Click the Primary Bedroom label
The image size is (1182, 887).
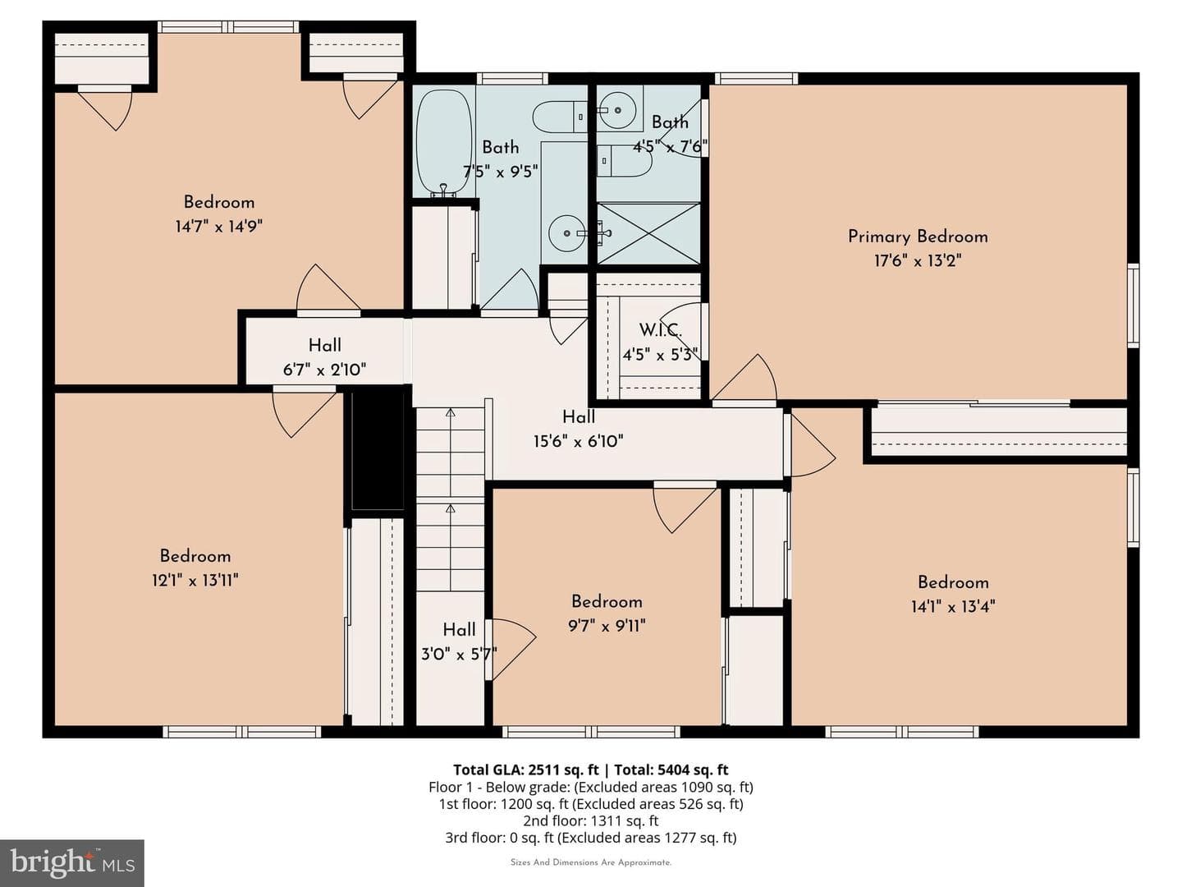(918, 237)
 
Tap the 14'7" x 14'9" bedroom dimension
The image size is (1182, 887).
(218, 226)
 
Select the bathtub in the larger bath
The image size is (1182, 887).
(445, 143)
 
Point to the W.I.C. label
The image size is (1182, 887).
(660, 330)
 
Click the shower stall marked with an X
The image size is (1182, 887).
(649, 234)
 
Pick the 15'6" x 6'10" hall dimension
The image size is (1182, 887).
(579, 442)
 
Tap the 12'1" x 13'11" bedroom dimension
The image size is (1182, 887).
(195, 580)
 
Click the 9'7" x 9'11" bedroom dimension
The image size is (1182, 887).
(607, 626)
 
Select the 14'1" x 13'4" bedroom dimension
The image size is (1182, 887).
(953, 607)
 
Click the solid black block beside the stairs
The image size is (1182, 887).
(378, 451)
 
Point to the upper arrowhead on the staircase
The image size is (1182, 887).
(451, 413)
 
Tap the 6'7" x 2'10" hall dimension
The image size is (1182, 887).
(325, 370)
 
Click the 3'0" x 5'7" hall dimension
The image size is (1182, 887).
(459, 655)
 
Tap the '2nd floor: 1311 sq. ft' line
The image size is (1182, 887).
(591, 820)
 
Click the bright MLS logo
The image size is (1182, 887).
(71, 863)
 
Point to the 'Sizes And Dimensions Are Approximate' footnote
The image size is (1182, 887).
(591, 862)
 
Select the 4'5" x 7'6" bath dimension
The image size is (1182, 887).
(670, 146)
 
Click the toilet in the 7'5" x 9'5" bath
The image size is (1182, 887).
(560, 117)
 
